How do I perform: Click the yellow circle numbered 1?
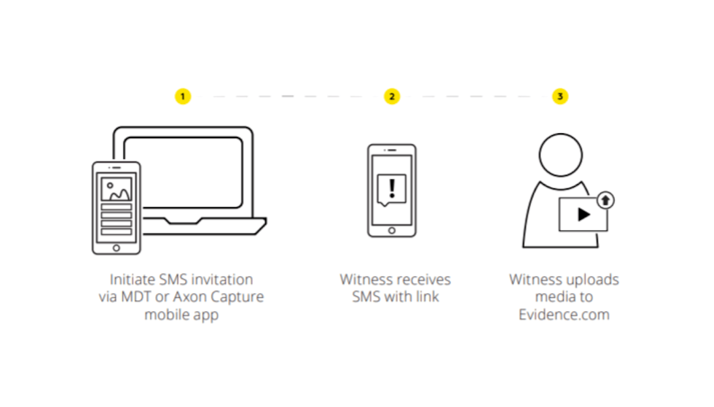point(183,96)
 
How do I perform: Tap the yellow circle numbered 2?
point(392,96)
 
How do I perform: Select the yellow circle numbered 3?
point(560,96)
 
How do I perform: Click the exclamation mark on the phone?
point(392,189)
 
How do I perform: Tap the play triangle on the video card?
point(584,214)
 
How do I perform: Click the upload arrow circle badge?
point(605,201)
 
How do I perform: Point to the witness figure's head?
point(560,155)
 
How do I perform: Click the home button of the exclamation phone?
point(392,230)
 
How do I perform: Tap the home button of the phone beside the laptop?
point(117,248)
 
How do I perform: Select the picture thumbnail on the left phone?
point(117,189)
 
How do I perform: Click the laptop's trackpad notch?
point(183,221)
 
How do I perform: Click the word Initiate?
point(132,280)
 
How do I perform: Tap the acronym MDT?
point(136,297)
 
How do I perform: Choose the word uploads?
point(592,280)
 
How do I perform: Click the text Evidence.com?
point(564,315)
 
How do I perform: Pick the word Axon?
point(190,297)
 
